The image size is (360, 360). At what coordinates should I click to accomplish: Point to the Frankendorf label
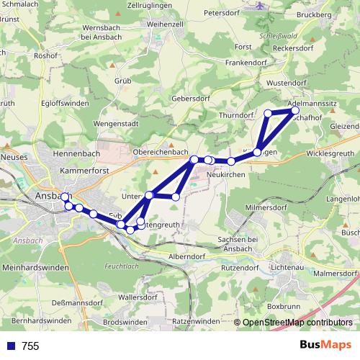233,63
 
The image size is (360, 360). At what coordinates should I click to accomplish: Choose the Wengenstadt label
115,123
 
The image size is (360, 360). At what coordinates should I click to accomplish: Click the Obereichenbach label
161,153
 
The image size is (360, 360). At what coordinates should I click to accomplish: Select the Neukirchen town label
226,175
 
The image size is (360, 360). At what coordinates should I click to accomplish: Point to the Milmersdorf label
267,207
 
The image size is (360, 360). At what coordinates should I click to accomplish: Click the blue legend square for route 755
10,346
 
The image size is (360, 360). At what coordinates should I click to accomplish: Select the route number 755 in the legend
30,346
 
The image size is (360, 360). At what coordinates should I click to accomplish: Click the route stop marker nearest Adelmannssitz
294,110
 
